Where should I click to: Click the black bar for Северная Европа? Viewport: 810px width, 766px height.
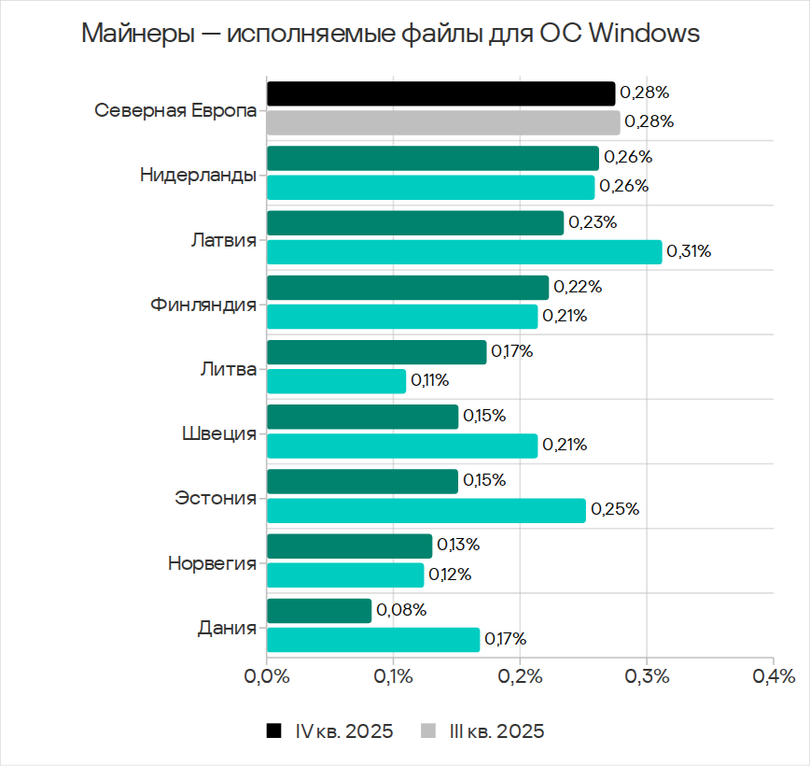(440, 93)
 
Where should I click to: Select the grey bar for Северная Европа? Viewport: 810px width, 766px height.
(443, 122)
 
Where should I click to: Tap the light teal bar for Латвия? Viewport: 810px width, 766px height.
(464, 251)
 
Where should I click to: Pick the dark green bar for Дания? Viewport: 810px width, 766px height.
(319, 611)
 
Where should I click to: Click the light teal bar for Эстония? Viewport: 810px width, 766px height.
(426, 510)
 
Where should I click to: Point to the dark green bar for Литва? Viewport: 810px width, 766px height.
(377, 352)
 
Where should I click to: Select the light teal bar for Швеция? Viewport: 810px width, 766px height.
(402, 446)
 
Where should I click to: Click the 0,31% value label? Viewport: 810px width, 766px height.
(689, 251)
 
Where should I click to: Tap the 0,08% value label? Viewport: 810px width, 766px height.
(401, 611)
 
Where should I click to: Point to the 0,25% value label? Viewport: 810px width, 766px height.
(613, 510)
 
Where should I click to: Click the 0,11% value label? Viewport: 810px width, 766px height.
(430, 381)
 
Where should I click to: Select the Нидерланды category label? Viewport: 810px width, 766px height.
(198, 174)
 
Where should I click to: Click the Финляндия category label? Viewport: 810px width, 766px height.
(202, 304)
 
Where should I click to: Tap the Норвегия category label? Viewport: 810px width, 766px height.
(212, 563)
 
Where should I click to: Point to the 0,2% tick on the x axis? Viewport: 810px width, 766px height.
(520, 675)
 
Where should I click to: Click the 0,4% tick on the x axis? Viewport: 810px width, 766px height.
(772, 675)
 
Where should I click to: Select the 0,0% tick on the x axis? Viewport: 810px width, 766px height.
(267, 675)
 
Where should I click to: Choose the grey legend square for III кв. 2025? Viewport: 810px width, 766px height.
(429, 731)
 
